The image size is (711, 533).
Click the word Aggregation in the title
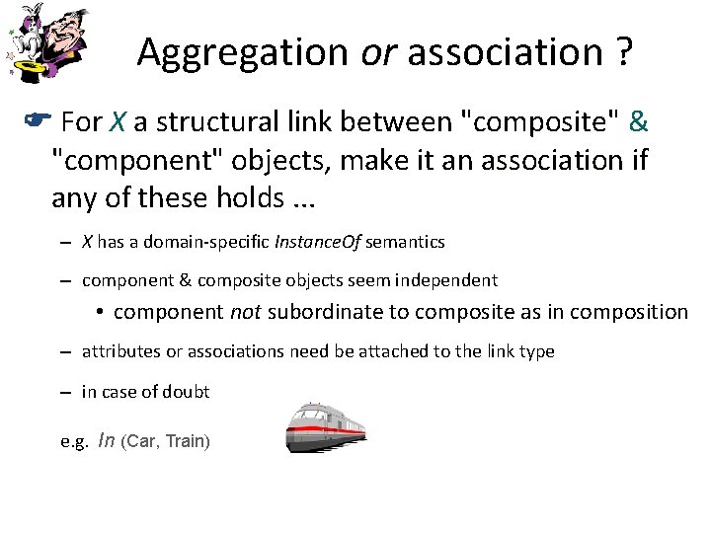(243, 52)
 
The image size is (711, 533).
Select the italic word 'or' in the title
(378, 52)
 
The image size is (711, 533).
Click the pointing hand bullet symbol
(33, 122)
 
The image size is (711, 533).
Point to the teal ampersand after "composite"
(638, 122)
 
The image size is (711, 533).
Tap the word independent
(450, 280)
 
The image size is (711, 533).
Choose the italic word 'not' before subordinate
(246, 312)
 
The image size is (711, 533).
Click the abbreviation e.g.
(74, 441)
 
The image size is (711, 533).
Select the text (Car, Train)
(165, 441)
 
